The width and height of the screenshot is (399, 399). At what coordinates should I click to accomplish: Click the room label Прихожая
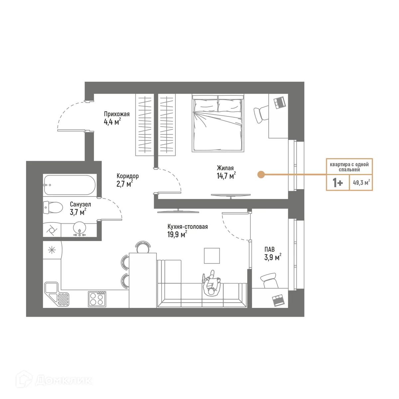[x=116, y=114]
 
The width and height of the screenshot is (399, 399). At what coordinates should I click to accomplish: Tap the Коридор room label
[x=127, y=176]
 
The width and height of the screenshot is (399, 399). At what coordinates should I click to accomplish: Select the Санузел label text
[x=80, y=204]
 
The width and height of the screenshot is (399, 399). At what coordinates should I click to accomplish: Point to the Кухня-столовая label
[x=188, y=227]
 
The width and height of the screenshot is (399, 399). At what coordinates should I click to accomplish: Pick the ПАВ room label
[x=270, y=249]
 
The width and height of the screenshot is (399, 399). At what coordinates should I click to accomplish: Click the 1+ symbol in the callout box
[x=338, y=183]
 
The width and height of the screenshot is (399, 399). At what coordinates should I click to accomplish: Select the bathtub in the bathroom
[x=69, y=186]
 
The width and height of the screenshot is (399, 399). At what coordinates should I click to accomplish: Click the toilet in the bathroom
[x=53, y=208]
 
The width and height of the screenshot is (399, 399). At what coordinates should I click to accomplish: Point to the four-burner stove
[x=97, y=298]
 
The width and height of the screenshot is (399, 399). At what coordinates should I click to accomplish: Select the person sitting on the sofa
[x=212, y=284]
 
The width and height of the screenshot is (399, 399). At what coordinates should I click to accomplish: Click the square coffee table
[x=212, y=256]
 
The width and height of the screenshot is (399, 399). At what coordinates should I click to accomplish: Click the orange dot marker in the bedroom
[x=261, y=174]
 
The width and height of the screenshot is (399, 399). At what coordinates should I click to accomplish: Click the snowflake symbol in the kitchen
[x=52, y=250]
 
